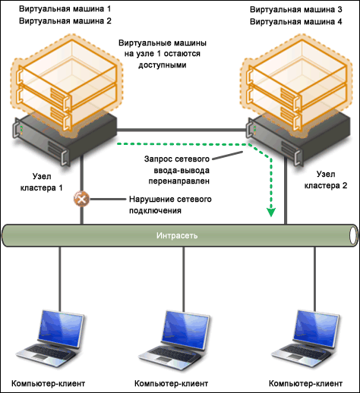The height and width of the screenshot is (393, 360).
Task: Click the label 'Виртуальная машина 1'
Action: pos(65,9)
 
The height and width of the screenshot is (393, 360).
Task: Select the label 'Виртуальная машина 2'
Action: pos(65,20)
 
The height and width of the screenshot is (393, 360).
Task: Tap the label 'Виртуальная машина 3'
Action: pos(296,10)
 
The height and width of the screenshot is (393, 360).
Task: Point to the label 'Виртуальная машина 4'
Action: pos(296,21)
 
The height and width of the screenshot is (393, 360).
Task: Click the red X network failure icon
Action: pos(81,199)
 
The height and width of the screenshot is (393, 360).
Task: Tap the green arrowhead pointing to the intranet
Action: pos(271,212)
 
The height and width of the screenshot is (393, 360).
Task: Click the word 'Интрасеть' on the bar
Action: pos(177,235)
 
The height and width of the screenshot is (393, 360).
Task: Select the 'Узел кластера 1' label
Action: pos(41,182)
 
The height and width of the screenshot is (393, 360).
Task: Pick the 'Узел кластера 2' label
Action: pos(326,180)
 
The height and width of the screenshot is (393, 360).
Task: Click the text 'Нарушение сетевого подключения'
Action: pos(170,205)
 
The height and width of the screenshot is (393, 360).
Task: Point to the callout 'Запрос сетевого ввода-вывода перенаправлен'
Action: pos(177,170)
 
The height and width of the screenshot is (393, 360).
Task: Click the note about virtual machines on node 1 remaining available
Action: pos(163,54)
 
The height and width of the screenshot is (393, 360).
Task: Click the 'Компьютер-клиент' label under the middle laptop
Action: pos(171,384)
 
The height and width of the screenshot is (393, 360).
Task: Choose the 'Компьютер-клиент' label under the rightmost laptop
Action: pos(305,384)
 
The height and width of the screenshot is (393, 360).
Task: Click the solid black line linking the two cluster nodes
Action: pos(182,130)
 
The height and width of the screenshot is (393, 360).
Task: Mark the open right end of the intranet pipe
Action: pos(353,235)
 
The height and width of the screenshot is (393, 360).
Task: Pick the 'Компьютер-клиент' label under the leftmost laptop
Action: pos(48,384)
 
